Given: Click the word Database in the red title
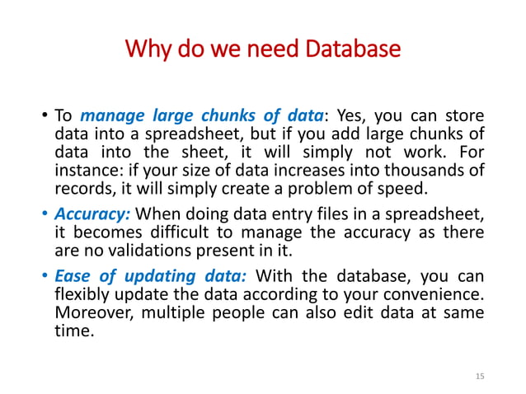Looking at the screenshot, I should (x=354, y=51).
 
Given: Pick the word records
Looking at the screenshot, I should (x=80, y=190).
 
